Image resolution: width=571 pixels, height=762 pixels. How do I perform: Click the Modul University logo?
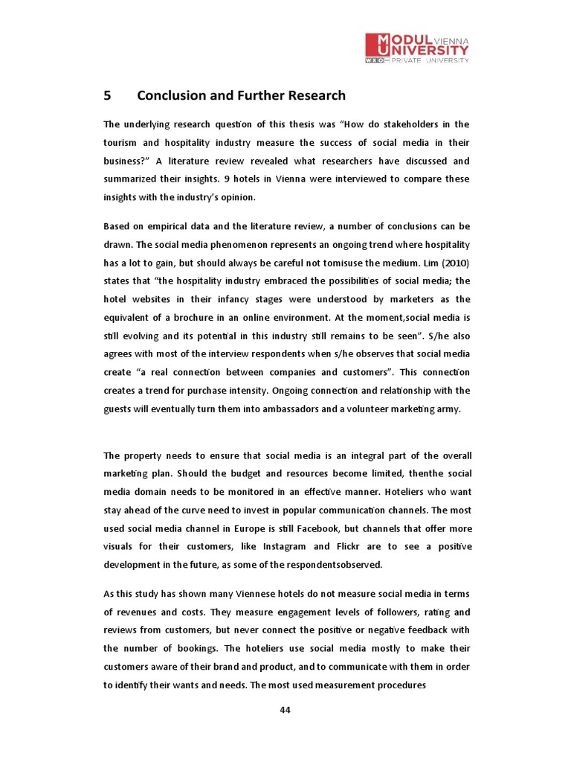point(417,48)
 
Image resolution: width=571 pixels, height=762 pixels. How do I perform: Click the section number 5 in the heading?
point(107,95)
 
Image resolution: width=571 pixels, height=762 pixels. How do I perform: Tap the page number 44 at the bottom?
point(285,709)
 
